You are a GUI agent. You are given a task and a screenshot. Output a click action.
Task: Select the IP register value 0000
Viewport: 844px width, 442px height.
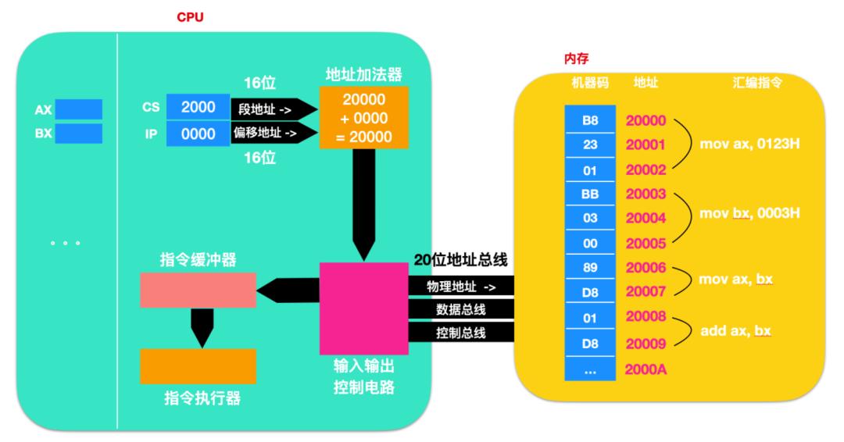pyautogui.click(x=198, y=134)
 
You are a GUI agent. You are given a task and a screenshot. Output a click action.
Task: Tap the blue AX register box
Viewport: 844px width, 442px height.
pyautogui.click(x=78, y=109)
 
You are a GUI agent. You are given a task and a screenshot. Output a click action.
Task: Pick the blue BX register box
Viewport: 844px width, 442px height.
pyautogui.click(x=78, y=134)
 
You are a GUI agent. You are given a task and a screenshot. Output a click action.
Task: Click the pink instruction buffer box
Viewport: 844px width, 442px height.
pyautogui.click(x=198, y=290)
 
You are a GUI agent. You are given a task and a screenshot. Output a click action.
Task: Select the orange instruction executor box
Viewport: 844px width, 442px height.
pyautogui.click(x=198, y=365)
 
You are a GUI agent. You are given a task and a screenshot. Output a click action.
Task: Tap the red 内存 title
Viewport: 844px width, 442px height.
pyautogui.click(x=576, y=59)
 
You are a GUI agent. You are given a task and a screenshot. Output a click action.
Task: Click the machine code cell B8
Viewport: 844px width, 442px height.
pyautogui.click(x=590, y=121)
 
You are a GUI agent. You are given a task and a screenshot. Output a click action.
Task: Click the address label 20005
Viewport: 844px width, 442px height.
pyautogui.click(x=645, y=243)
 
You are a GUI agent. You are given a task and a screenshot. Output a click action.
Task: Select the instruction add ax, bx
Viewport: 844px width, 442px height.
pyautogui.click(x=735, y=332)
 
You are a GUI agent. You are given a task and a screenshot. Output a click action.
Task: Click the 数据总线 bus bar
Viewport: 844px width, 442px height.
pyautogui.click(x=461, y=310)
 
